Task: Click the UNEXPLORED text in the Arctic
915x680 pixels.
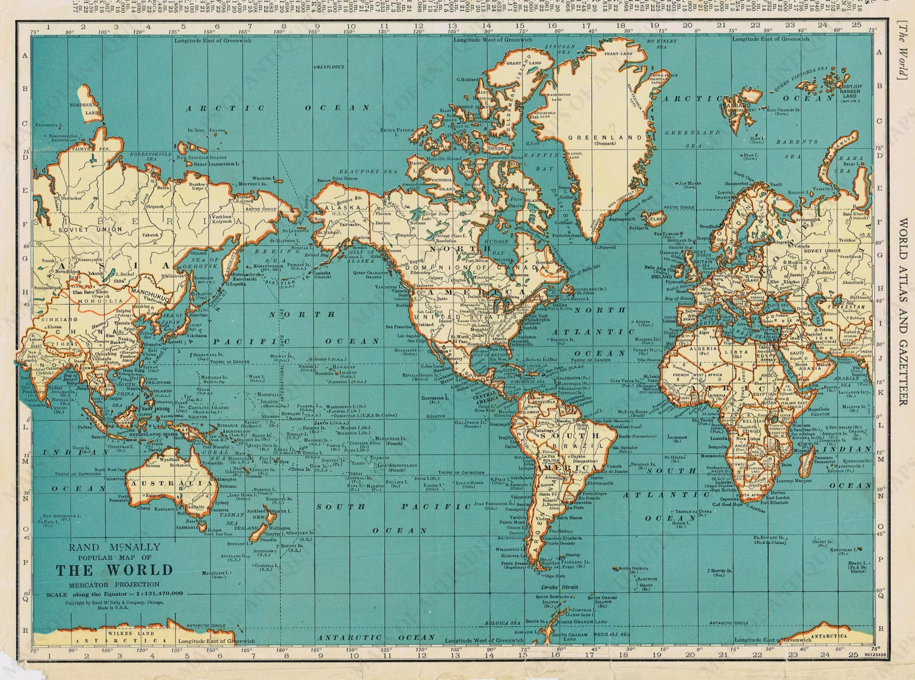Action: pyautogui.click(x=329, y=67)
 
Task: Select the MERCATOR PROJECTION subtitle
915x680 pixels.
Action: pyautogui.click(x=114, y=584)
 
